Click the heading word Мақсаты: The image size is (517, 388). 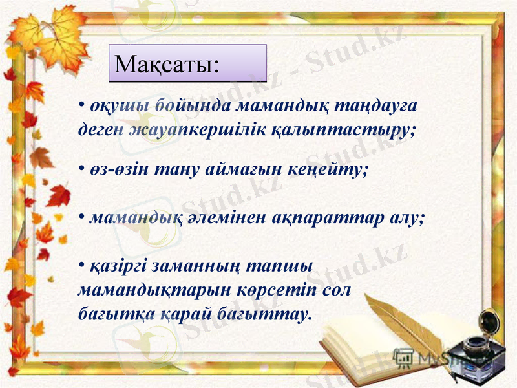point(167,65)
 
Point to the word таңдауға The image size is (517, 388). point(382,106)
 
